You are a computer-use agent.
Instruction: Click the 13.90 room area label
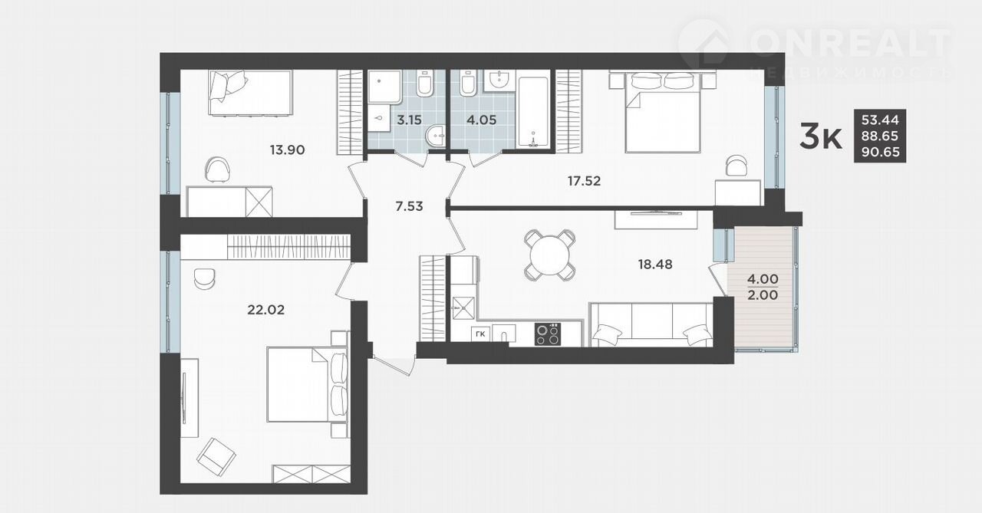[x=287, y=150]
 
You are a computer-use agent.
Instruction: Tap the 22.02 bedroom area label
[x=265, y=310]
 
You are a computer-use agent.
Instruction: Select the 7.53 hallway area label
[x=409, y=206]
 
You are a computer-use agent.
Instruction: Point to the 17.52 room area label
[x=584, y=180]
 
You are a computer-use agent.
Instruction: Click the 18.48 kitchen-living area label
[x=655, y=265]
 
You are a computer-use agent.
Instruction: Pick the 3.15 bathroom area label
[x=409, y=120]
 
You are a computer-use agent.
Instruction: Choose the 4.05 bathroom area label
[x=481, y=120]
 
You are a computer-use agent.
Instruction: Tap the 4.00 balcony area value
[x=763, y=279]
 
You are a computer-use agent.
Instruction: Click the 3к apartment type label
[x=820, y=136]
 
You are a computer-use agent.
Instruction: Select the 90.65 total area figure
[x=880, y=152]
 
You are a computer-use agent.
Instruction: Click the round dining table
[x=550, y=255]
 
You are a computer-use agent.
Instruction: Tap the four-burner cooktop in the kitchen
[x=548, y=334]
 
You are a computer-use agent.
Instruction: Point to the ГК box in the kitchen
[x=480, y=334]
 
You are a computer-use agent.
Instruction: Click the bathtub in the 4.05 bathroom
[x=533, y=113]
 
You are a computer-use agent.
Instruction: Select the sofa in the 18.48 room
[x=651, y=324]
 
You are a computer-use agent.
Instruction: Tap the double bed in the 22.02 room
[x=307, y=385]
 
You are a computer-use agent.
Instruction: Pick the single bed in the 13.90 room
[x=250, y=93]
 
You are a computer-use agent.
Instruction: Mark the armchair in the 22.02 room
[x=216, y=457]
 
